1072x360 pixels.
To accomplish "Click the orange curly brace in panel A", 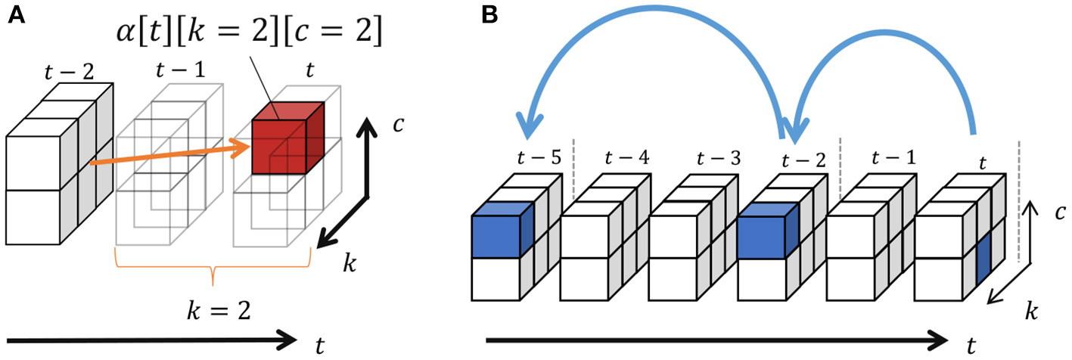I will [213, 271].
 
